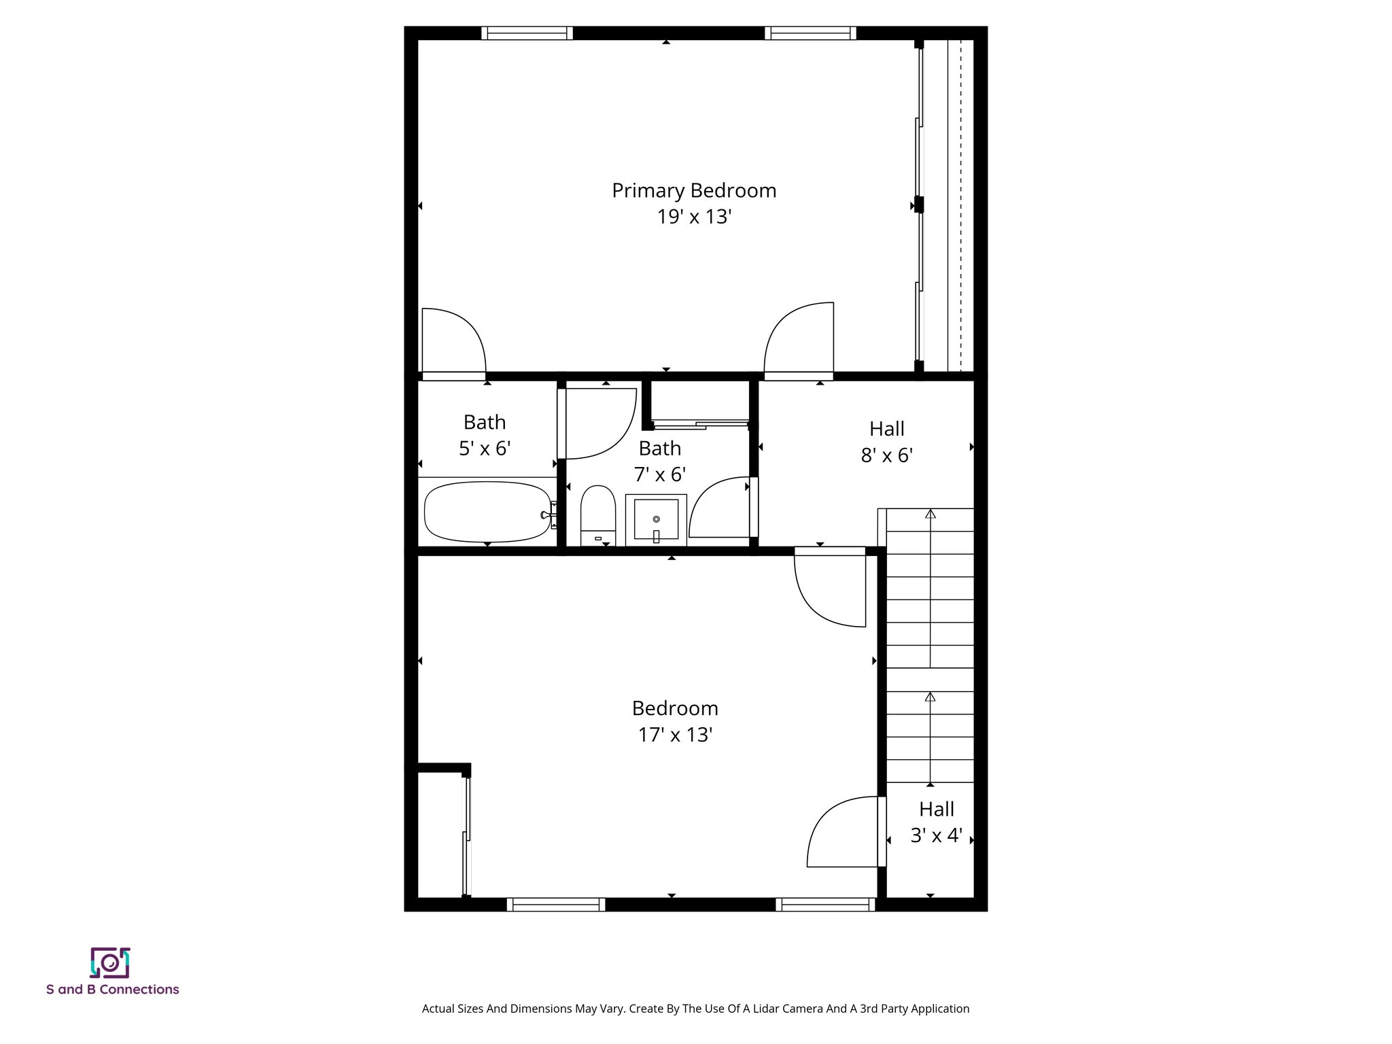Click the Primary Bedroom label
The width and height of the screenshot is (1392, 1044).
tap(693, 191)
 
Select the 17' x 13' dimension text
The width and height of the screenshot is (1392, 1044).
tap(674, 735)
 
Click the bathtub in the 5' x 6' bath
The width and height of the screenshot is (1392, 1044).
tap(486, 511)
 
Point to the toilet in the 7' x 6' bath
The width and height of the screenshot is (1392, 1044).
tap(598, 515)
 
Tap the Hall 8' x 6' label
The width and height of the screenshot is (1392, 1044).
tap(886, 442)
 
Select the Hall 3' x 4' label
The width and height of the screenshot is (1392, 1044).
tap(936, 822)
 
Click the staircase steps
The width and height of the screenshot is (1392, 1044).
tap(930, 646)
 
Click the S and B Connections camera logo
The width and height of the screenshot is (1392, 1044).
tap(110, 962)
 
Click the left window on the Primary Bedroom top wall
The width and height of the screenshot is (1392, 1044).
tap(527, 33)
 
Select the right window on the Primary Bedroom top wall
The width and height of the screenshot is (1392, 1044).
tap(810, 33)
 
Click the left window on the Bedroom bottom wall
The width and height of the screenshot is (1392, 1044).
tap(555, 904)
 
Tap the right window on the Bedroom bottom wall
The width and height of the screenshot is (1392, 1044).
tap(825, 904)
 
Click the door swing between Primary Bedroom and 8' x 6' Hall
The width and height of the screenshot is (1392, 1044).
tap(799, 340)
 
